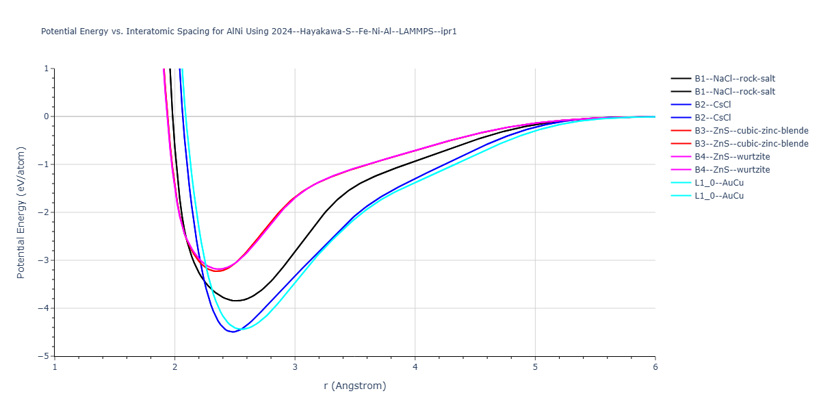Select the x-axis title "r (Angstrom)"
354,386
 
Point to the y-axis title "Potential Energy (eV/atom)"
21,212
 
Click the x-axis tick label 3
295,366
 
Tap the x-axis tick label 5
535,366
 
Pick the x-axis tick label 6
655,366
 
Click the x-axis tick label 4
415,366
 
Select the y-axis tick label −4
45,308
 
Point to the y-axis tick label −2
45,212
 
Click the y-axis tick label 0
47,116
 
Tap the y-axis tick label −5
45,356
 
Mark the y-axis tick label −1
45,164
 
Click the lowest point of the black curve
235,301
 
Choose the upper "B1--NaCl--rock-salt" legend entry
735,79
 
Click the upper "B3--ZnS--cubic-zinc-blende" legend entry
751,131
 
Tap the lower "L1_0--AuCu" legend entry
719,196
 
